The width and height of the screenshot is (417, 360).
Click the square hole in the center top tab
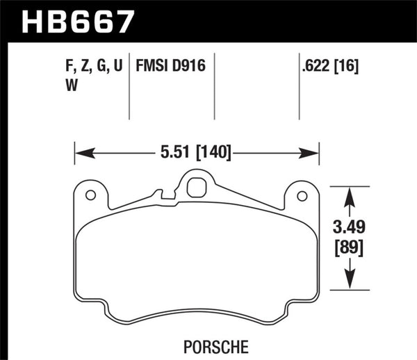point(195,186)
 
